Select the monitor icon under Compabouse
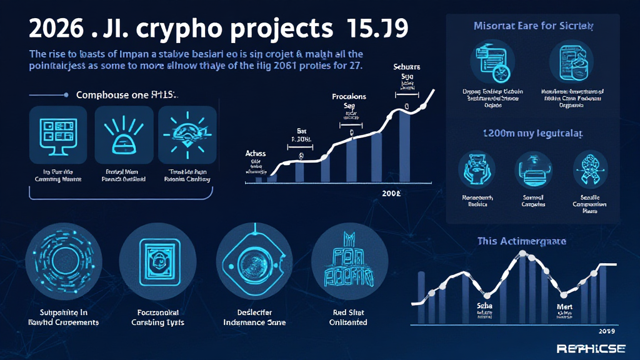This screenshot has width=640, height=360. click(x=57, y=134)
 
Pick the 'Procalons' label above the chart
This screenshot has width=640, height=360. click(x=349, y=97)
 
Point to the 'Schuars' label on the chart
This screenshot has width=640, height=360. click(x=406, y=66)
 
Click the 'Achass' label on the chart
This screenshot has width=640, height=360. click(x=256, y=153)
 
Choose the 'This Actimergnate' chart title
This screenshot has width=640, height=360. click(x=521, y=241)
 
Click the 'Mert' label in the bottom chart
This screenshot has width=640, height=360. click(x=564, y=307)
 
